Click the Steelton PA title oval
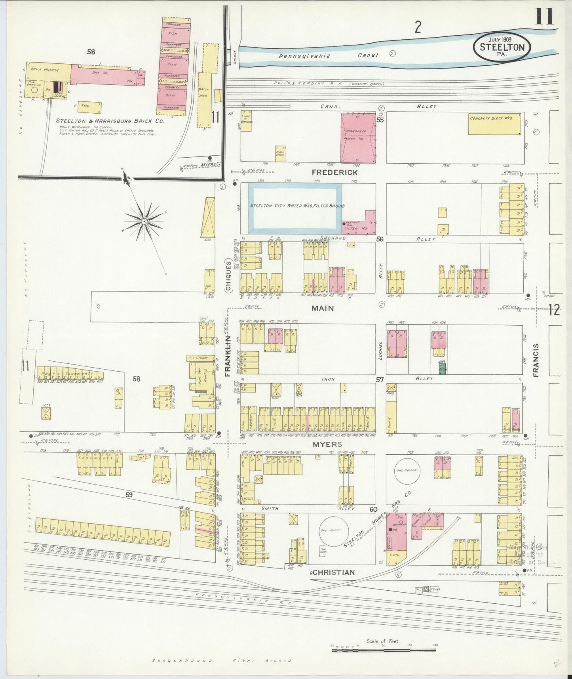(502, 46)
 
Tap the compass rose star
(144, 221)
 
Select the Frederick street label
(334, 172)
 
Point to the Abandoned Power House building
(358, 137)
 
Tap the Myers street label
(327, 444)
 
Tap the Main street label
(323, 308)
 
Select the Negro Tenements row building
(70, 374)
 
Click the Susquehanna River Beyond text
(222, 661)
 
